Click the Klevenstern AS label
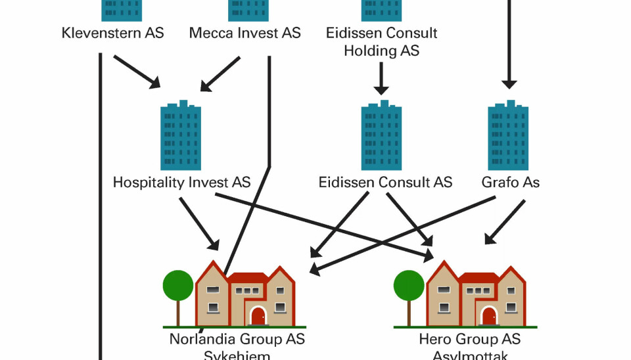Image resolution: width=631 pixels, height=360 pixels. click(x=112, y=33)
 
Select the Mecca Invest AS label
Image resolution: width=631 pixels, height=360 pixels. click(x=245, y=33)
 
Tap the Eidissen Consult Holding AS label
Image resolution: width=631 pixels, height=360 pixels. click(x=381, y=41)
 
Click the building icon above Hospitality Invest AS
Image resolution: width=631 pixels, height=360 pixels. click(x=181, y=136)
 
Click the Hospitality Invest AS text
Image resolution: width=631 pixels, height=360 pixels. click(x=181, y=182)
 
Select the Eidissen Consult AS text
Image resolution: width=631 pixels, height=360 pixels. click(x=385, y=182)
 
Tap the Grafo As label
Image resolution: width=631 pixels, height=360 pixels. click(x=511, y=182)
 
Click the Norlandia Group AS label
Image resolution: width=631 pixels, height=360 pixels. click(x=237, y=340)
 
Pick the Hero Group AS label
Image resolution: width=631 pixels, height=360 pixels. click(x=469, y=340)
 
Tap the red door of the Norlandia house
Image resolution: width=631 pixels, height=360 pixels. click(x=258, y=315)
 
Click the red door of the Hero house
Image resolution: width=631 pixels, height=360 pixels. click(x=488, y=315)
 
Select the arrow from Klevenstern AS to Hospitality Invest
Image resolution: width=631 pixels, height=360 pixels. click(x=137, y=72)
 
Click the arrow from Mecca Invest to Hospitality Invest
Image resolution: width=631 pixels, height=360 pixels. click(x=221, y=74)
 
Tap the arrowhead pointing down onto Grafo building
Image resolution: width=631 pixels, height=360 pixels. click(x=509, y=83)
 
